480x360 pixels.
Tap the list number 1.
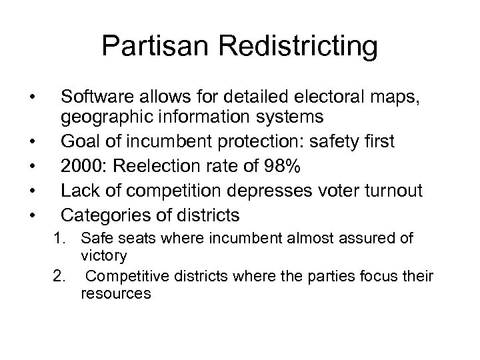[55, 238]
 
